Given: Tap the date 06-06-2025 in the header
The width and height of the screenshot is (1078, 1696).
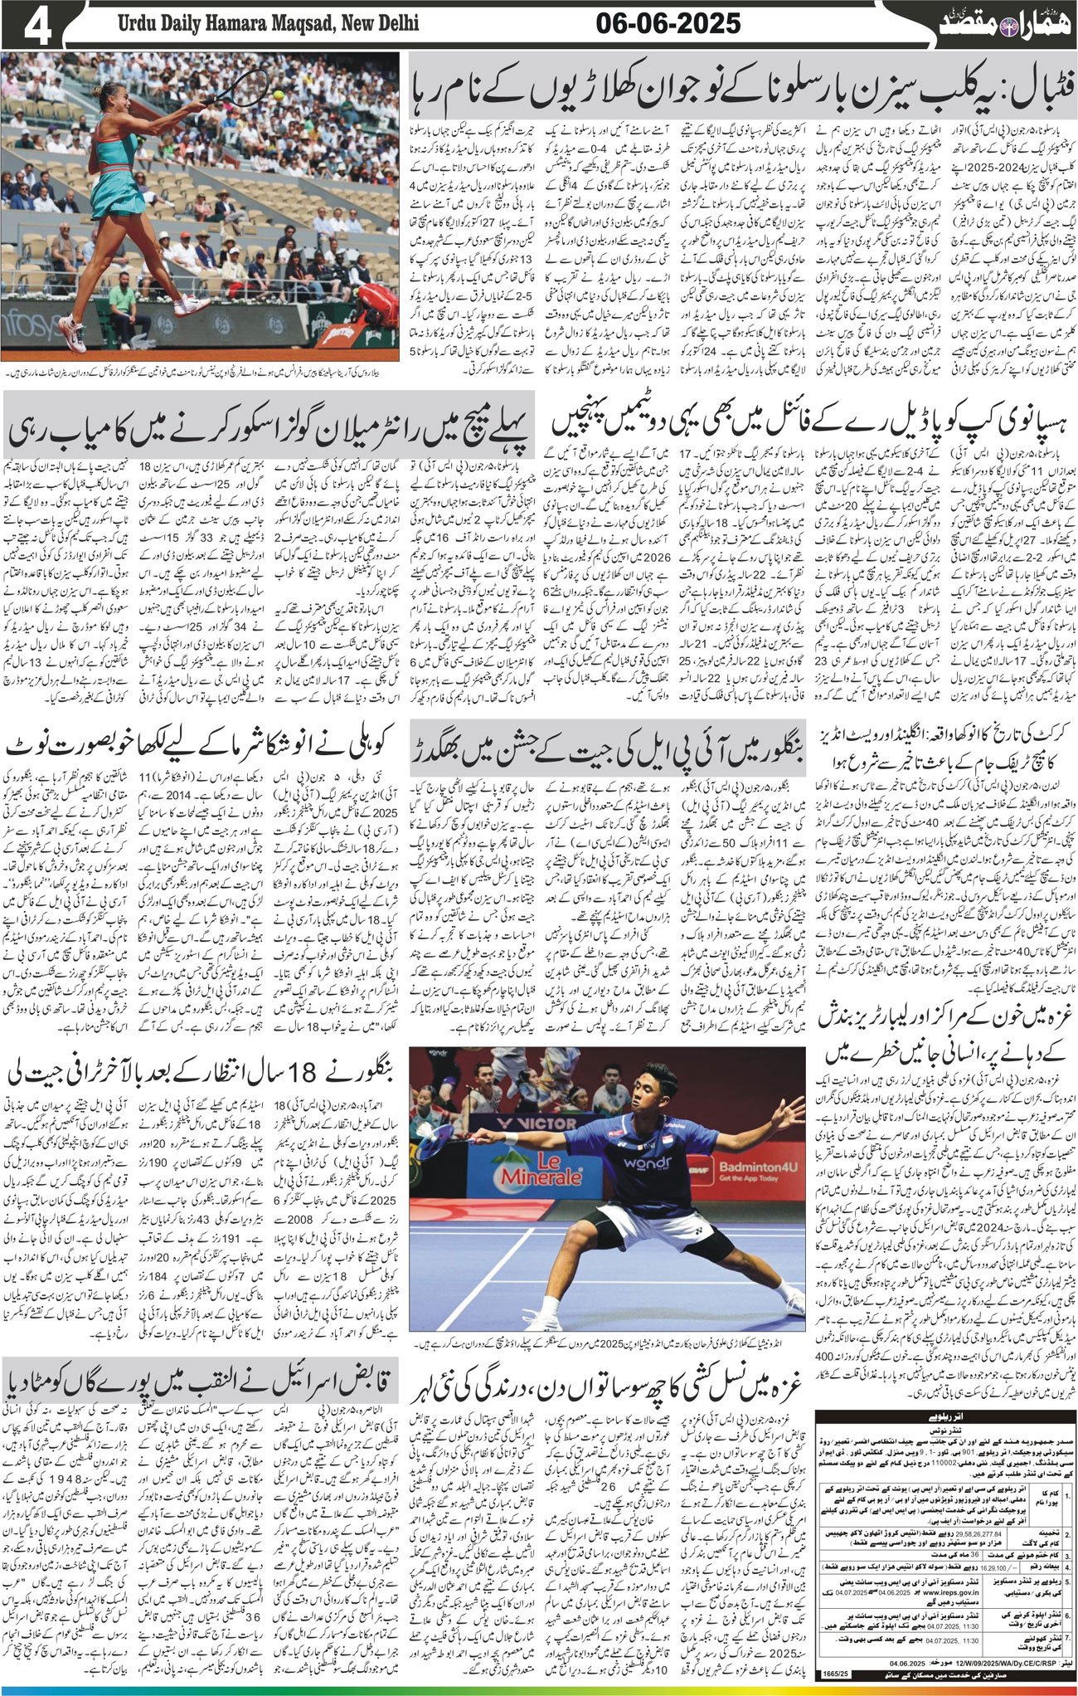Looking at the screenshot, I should (668, 25).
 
